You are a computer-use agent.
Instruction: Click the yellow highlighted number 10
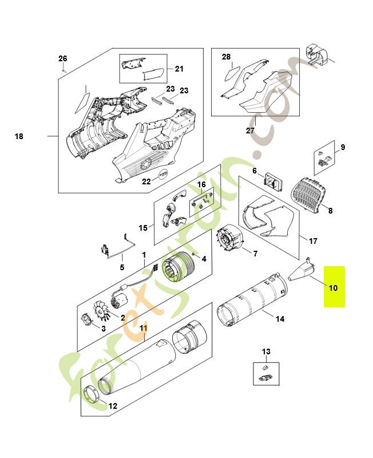pos(334,287)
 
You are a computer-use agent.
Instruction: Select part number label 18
pos(19,137)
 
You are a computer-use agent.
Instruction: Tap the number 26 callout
pos(63,58)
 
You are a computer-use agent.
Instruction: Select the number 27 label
pos(250,131)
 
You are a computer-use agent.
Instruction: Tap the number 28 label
pos(226,57)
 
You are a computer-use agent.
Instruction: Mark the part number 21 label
pos(179,69)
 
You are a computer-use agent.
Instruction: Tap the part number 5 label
pos(121,267)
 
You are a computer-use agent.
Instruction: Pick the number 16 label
pos(201,184)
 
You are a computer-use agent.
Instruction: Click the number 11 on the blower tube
pos(144,329)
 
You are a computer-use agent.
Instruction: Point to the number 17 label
pos(312,240)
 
